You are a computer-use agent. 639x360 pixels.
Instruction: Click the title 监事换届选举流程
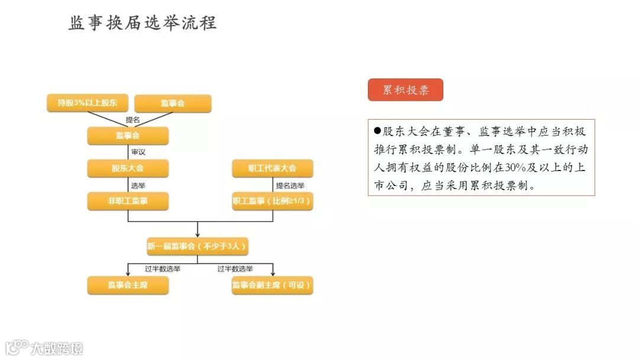[143, 23]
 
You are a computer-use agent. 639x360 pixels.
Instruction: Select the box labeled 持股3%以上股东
[87, 103]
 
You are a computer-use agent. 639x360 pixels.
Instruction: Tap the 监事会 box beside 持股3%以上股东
[173, 103]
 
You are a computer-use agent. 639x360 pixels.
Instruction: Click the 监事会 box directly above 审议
[128, 136]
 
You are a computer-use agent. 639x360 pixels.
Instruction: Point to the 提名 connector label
[133, 120]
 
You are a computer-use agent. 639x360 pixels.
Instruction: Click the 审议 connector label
[138, 152]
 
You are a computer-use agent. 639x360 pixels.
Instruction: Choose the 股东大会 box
[128, 168]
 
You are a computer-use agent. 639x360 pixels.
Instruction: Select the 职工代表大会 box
[272, 168]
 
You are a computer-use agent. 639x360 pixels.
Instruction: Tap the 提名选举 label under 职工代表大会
[290, 185]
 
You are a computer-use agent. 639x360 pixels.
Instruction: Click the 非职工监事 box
[128, 201]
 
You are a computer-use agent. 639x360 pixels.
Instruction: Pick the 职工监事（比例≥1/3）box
[272, 201]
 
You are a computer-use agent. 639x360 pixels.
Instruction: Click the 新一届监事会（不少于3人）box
[197, 246]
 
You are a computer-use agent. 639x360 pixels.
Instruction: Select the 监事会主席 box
[128, 285]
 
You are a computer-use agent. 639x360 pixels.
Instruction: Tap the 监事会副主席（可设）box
[272, 285]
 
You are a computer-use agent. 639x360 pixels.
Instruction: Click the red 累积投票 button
[405, 90]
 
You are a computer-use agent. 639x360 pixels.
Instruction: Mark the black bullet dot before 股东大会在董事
[377, 131]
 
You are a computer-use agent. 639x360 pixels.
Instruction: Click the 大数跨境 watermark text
[57, 348]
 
